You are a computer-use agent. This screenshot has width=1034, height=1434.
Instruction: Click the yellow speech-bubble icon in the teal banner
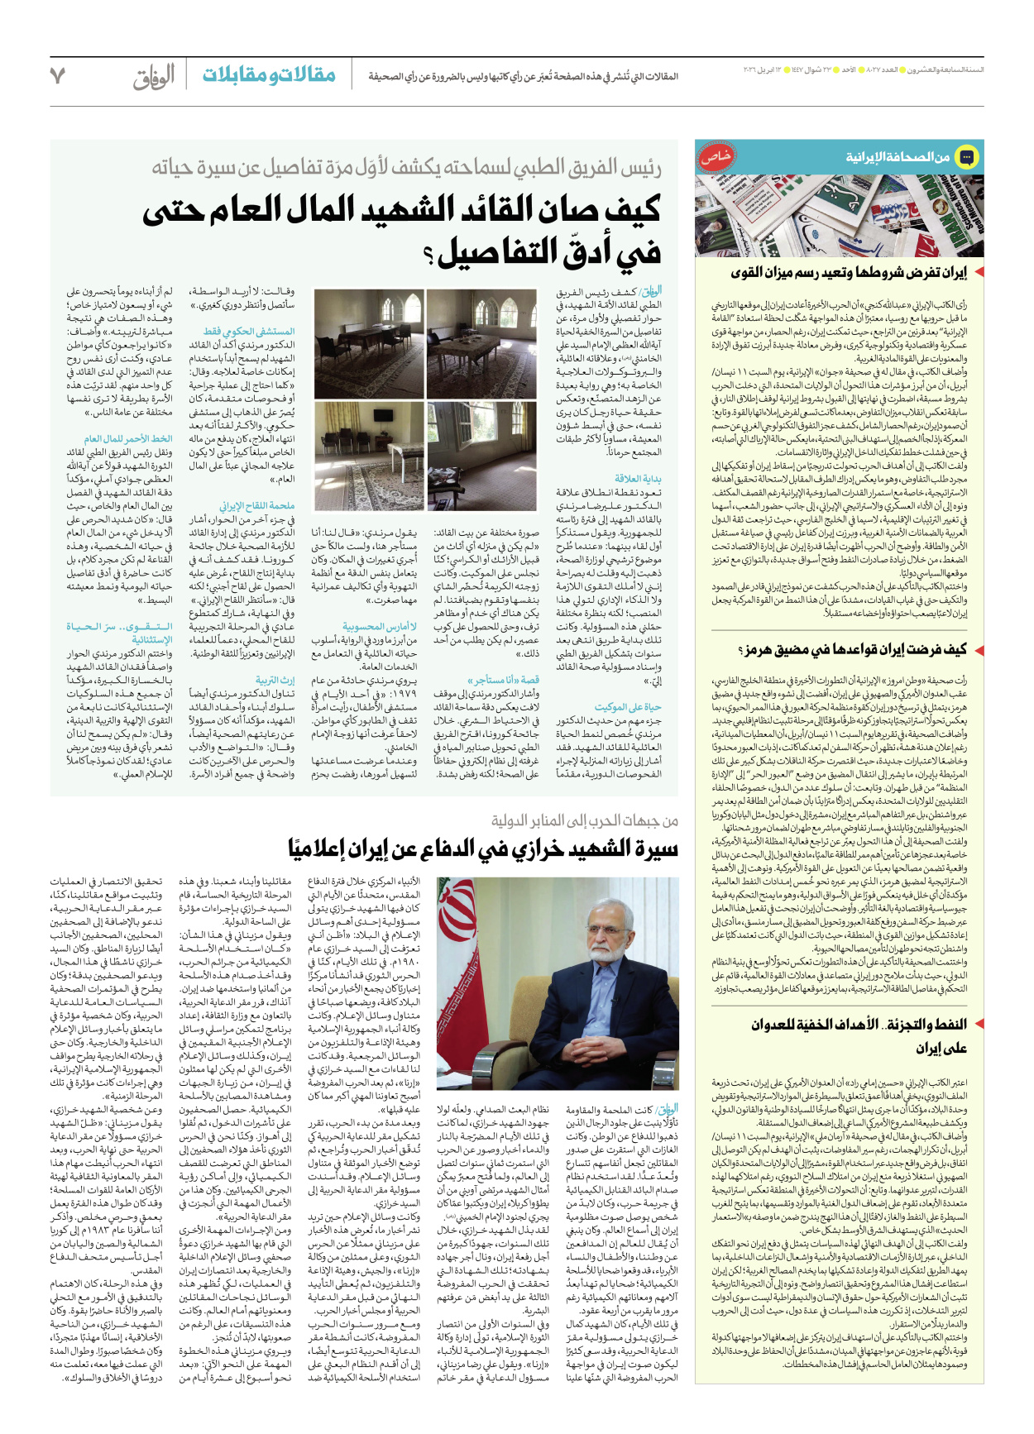click(965, 156)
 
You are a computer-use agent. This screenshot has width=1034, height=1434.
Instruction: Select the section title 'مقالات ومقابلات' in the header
click(269, 75)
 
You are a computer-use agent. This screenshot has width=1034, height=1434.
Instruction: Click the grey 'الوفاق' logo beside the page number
click(154, 77)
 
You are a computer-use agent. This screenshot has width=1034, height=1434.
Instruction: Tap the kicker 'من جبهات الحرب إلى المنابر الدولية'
click(584, 820)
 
